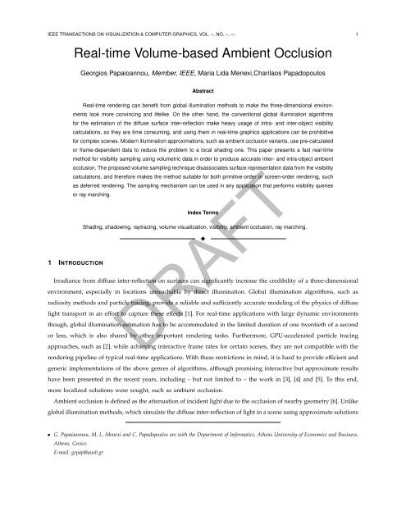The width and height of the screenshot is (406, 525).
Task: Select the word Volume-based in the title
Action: point(185,56)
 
